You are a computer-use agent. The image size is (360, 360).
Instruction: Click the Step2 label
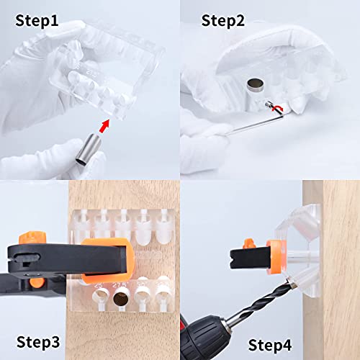click(x=222, y=19)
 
